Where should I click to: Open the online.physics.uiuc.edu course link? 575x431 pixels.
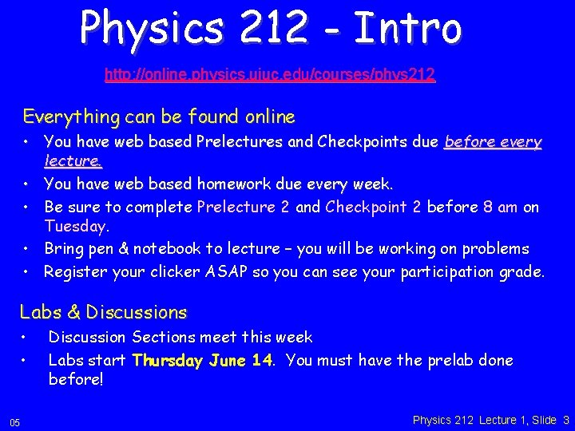click(270, 75)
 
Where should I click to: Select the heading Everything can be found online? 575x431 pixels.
click(159, 117)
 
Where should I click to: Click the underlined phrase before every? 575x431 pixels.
click(493, 142)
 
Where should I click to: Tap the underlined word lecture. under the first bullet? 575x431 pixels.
click(73, 161)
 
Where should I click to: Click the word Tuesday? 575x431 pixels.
click(76, 227)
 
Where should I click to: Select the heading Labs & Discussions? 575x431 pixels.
click(103, 312)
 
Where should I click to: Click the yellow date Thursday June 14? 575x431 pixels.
click(203, 361)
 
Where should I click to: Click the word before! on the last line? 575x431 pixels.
click(76, 380)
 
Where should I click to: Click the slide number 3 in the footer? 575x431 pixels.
click(565, 420)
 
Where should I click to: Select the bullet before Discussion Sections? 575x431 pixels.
click(26, 338)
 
